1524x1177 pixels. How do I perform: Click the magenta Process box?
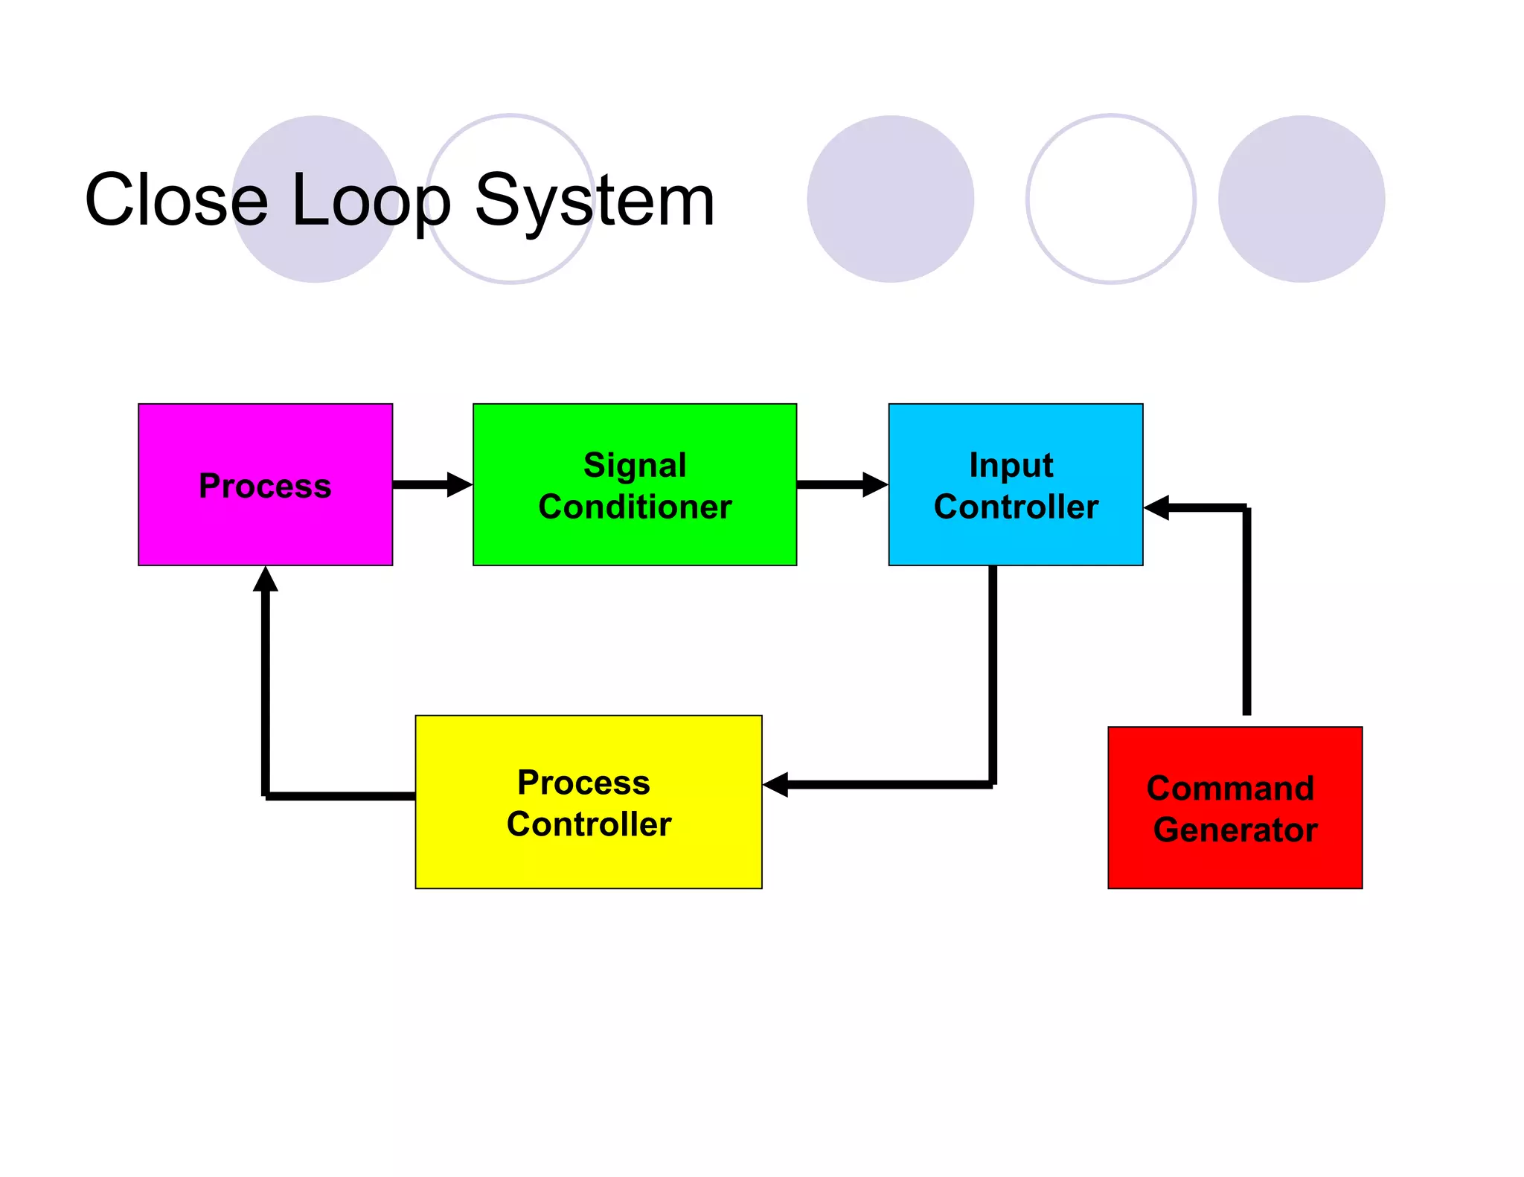265,521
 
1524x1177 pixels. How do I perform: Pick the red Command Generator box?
1235,863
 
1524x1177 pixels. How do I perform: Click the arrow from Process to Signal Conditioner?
432,484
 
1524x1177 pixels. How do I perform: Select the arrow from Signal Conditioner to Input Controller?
841,484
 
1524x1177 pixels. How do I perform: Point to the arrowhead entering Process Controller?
777,784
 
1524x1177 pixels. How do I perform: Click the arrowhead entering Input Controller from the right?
1158,508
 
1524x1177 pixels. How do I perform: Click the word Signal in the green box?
635,465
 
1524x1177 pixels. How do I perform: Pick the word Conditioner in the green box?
635,507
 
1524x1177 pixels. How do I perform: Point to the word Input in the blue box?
1011,465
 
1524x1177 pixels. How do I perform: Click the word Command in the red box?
1230,788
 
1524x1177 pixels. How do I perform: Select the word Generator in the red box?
1235,830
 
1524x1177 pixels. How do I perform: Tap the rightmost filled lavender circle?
1301,199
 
